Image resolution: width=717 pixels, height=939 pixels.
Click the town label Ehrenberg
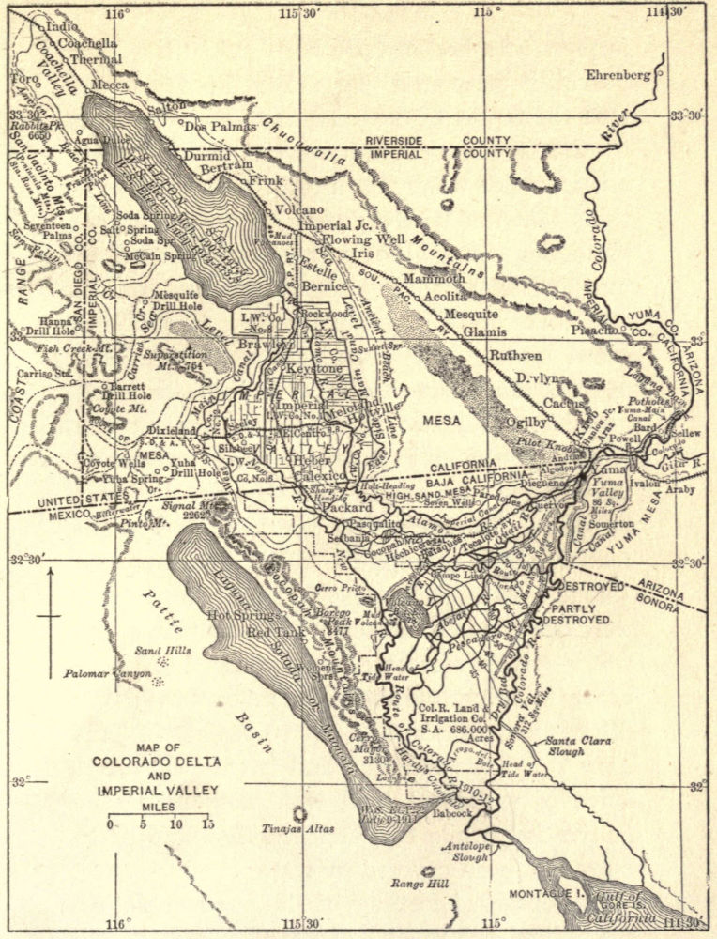(618, 74)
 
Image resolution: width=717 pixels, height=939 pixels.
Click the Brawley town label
(267, 345)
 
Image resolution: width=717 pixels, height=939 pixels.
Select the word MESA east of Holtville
(440, 421)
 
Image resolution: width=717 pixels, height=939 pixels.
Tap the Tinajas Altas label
(298, 829)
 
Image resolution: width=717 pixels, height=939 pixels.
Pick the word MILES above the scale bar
(158, 807)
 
